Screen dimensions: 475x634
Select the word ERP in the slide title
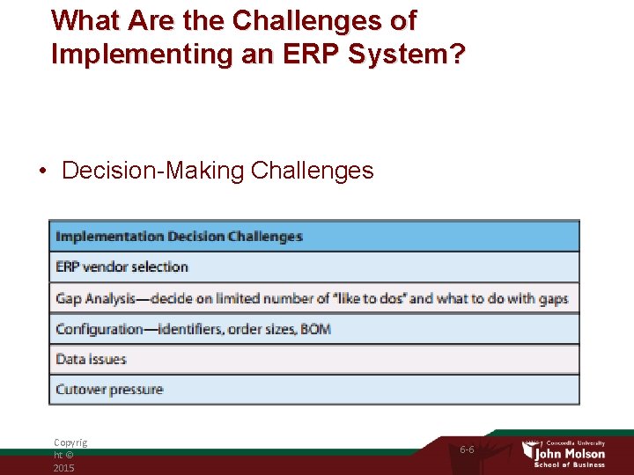click(x=307, y=54)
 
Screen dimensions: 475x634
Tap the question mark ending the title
click(x=457, y=54)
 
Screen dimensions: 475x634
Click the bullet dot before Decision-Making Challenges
click(x=43, y=171)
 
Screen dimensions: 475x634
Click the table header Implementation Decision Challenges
click(x=179, y=236)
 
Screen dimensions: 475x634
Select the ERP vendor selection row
click(x=122, y=267)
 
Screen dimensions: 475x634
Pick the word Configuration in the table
click(x=98, y=329)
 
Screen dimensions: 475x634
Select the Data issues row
click(x=91, y=359)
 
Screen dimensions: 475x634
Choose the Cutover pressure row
click(x=109, y=389)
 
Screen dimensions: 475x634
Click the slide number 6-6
click(x=467, y=449)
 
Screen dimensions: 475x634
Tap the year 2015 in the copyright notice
click(x=63, y=468)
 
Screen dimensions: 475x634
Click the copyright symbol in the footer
click(x=70, y=456)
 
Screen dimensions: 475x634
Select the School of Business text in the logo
click(x=571, y=465)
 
